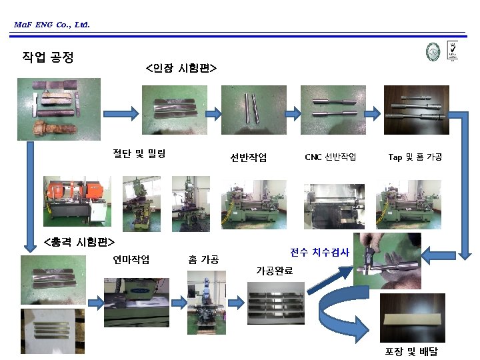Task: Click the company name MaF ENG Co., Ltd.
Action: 51,25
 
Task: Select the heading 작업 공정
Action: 48,57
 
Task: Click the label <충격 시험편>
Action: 79,241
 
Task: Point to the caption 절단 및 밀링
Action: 139,154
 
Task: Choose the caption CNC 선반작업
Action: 330,157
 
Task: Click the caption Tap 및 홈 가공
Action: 415,157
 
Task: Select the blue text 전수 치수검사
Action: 319,252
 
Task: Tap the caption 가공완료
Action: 274,270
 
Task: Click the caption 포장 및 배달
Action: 411,351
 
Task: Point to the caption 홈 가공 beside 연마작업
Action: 204,259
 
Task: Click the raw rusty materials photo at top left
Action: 59,109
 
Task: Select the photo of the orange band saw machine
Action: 77,201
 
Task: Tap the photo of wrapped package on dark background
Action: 411,318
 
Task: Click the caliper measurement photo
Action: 378,261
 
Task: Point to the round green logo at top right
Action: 433,53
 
